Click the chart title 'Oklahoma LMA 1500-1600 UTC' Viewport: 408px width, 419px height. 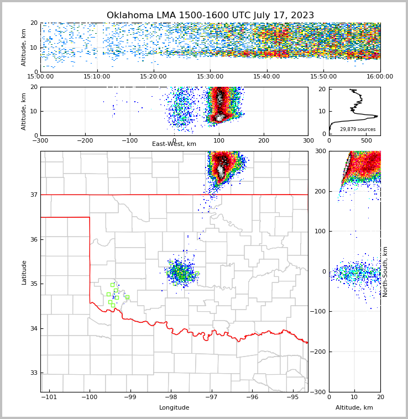210,15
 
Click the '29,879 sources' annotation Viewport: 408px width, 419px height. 358,129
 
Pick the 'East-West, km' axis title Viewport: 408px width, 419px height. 174,144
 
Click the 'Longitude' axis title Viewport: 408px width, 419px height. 174,408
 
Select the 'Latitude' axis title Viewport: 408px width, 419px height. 24,272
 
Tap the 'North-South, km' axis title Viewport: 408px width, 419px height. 385,271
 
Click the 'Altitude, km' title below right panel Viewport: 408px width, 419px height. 354,408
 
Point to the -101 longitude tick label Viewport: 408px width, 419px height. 49,397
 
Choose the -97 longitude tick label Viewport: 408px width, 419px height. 211,397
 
